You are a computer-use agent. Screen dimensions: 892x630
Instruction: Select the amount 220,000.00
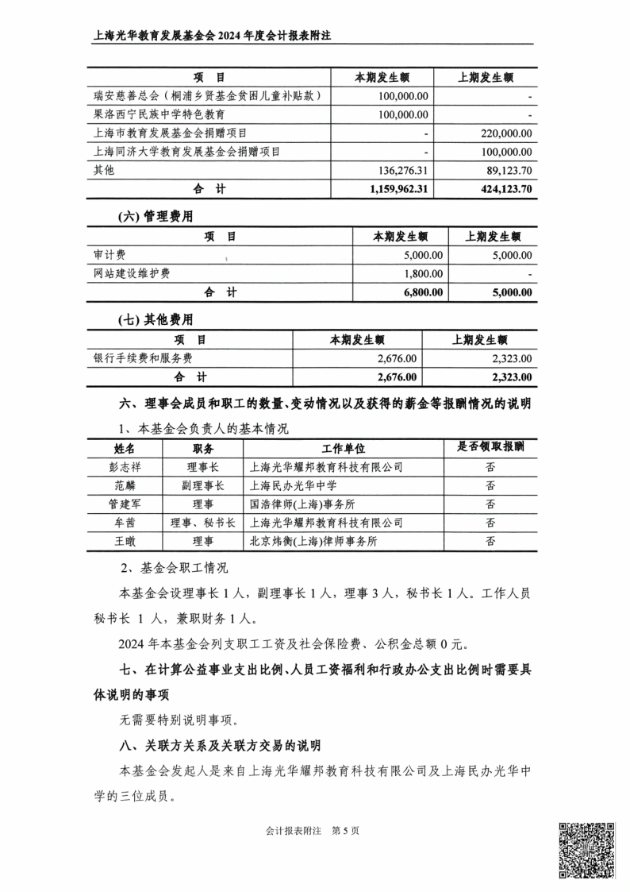[x=501, y=133]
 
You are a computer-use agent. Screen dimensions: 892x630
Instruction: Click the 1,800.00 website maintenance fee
[x=422, y=273]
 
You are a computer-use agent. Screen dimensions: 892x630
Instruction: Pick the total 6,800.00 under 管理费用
[x=420, y=292]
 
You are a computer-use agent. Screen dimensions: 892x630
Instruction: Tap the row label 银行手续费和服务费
[x=143, y=358]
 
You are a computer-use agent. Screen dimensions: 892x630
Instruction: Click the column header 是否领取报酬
[x=490, y=447]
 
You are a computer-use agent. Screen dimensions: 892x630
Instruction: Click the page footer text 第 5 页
[x=345, y=831]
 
